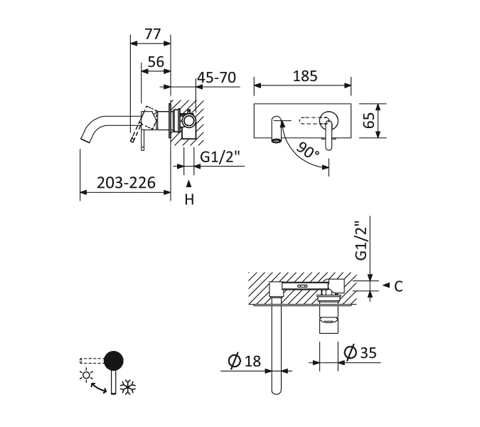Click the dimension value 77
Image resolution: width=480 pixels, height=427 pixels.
[152, 33]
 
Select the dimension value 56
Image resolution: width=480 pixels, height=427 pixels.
[156, 62]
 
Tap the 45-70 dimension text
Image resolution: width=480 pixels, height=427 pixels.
[216, 78]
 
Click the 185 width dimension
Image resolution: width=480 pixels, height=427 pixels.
[304, 76]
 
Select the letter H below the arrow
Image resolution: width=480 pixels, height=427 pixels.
[189, 200]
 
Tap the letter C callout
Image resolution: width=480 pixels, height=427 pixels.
[398, 286]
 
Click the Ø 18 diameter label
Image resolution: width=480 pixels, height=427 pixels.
[245, 361]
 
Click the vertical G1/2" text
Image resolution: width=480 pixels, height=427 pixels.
[362, 240]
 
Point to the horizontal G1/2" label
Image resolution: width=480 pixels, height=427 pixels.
[220, 157]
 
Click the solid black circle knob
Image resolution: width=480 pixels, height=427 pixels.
[114, 360]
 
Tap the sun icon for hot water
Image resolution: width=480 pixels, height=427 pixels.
[87, 375]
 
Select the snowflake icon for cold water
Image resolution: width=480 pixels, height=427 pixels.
[128, 388]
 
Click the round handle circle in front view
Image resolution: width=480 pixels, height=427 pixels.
[329, 118]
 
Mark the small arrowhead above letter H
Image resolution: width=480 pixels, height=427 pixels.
[189, 184]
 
